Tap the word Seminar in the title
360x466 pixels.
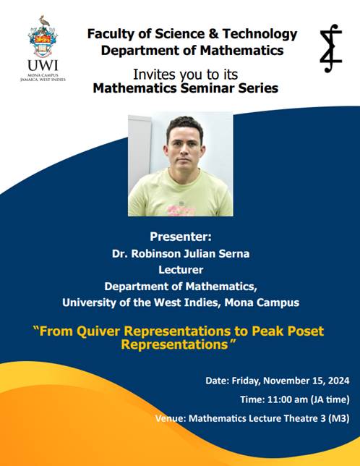point(197,89)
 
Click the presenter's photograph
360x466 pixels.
point(180,164)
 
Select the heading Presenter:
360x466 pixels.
point(180,237)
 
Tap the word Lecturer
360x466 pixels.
point(180,268)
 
